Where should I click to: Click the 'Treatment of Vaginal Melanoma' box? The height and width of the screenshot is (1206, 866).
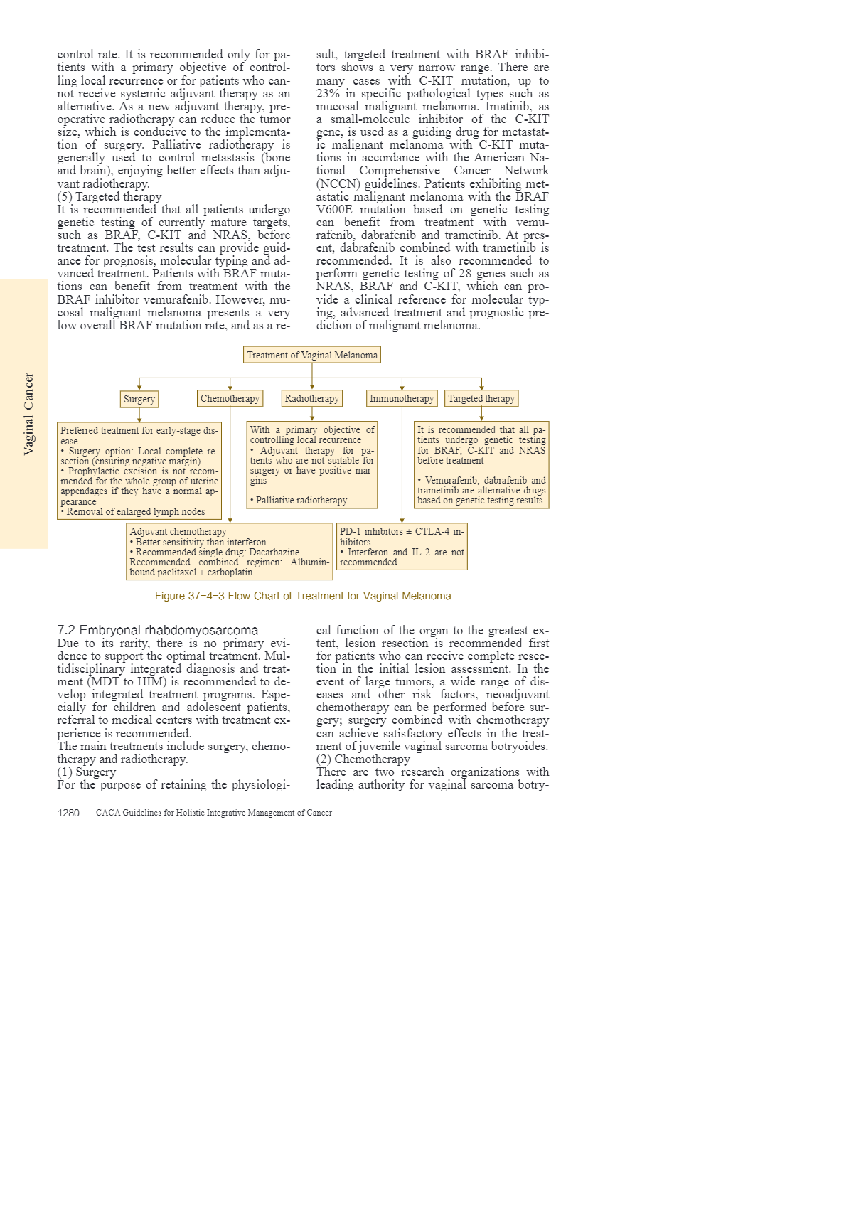click(312, 355)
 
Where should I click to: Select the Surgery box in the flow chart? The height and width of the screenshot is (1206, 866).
click(139, 399)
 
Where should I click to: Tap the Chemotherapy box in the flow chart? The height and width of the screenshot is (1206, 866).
click(230, 398)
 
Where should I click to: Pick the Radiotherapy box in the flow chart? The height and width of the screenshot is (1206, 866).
click(311, 398)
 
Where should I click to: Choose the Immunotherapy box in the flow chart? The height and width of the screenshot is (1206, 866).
click(402, 398)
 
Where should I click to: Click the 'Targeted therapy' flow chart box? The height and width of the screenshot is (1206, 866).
click(481, 398)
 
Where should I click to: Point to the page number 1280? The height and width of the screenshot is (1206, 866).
click(68, 813)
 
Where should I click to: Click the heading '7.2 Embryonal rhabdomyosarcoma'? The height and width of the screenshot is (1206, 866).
click(157, 630)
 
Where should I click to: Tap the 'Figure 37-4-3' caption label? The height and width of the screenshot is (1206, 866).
click(189, 596)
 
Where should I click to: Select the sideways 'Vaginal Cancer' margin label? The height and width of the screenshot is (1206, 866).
click(28, 413)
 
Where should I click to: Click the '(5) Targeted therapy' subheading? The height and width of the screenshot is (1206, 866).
click(109, 197)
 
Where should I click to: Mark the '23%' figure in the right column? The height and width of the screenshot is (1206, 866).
click(328, 94)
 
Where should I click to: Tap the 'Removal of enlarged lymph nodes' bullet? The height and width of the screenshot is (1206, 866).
click(135, 511)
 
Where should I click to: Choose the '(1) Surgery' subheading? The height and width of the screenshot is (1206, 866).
click(87, 772)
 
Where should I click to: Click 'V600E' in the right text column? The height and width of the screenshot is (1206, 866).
click(334, 210)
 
